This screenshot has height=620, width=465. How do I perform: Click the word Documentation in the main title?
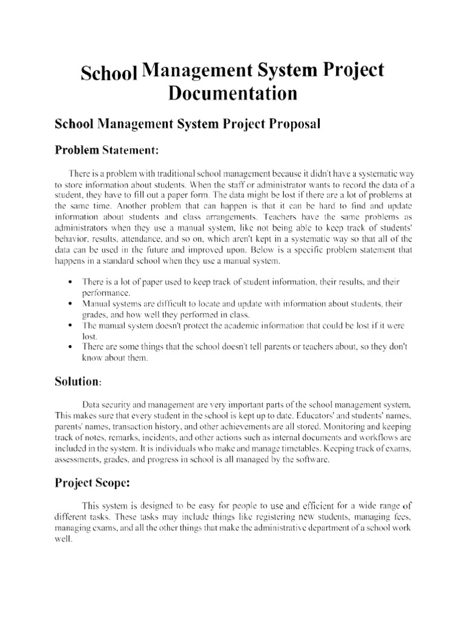click(232, 94)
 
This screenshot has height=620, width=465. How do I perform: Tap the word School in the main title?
click(109, 74)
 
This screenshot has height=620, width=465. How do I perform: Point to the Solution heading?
click(79, 381)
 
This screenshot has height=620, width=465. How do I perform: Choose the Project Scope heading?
click(101, 483)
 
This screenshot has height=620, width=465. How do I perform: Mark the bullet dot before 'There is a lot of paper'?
click(71, 282)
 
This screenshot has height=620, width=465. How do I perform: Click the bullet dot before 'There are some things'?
click(71, 347)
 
